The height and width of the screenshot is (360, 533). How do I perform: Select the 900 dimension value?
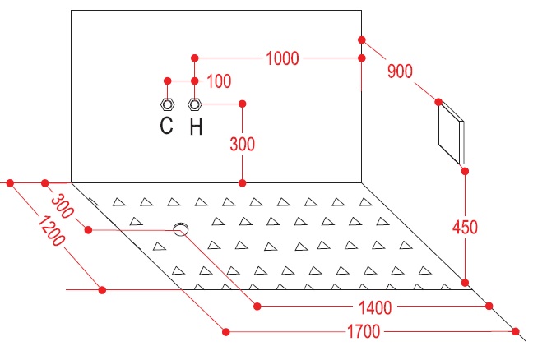pyautogui.click(x=399, y=72)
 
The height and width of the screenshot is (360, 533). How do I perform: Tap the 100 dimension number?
pyautogui.click(x=220, y=81)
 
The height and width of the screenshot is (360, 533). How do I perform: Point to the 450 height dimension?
pyautogui.click(x=465, y=225)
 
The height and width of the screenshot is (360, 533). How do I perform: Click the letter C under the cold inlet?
pyautogui.click(x=166, y=126)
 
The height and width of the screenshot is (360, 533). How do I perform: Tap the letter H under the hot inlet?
pyautogui.click(x=196, y=126)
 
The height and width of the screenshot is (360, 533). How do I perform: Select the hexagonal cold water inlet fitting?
pyautogui.click(x=167, y=104)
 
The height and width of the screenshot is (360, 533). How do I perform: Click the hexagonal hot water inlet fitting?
pyautogui.click(x=195, y=104)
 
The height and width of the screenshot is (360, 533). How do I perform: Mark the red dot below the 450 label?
pyautogui.click(x=466, y=282)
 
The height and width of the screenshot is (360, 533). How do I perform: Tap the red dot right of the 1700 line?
pyautogui.click(x=517, y=332)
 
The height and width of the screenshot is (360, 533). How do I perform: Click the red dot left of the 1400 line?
pyautogui.click(x=257, y=307)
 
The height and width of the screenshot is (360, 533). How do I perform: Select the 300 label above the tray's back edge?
pyautogui.click(x=242, y=143)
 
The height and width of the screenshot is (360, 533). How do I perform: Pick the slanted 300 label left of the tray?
pyautogui.click(x=62, y=202)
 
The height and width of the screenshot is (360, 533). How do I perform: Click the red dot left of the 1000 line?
pyautogui.click(x=195, y=58)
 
